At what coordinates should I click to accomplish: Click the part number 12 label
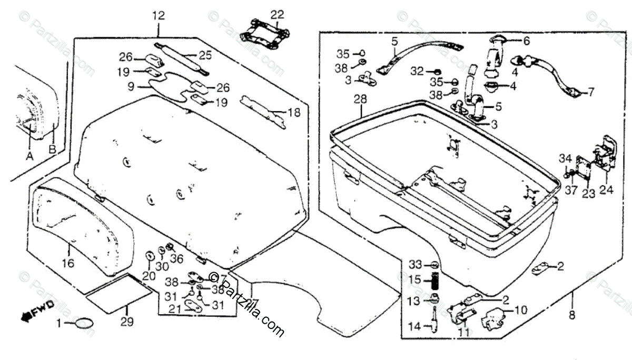coord(159,16)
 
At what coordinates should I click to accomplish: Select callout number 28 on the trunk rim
coord(360,100)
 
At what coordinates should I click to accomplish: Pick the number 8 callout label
coord(572,316)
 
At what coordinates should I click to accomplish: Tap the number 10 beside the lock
coord(520,310)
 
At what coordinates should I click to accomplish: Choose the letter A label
coord(29,156)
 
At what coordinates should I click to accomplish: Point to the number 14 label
coord(414,327)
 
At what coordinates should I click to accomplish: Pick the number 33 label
coord(416,264)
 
